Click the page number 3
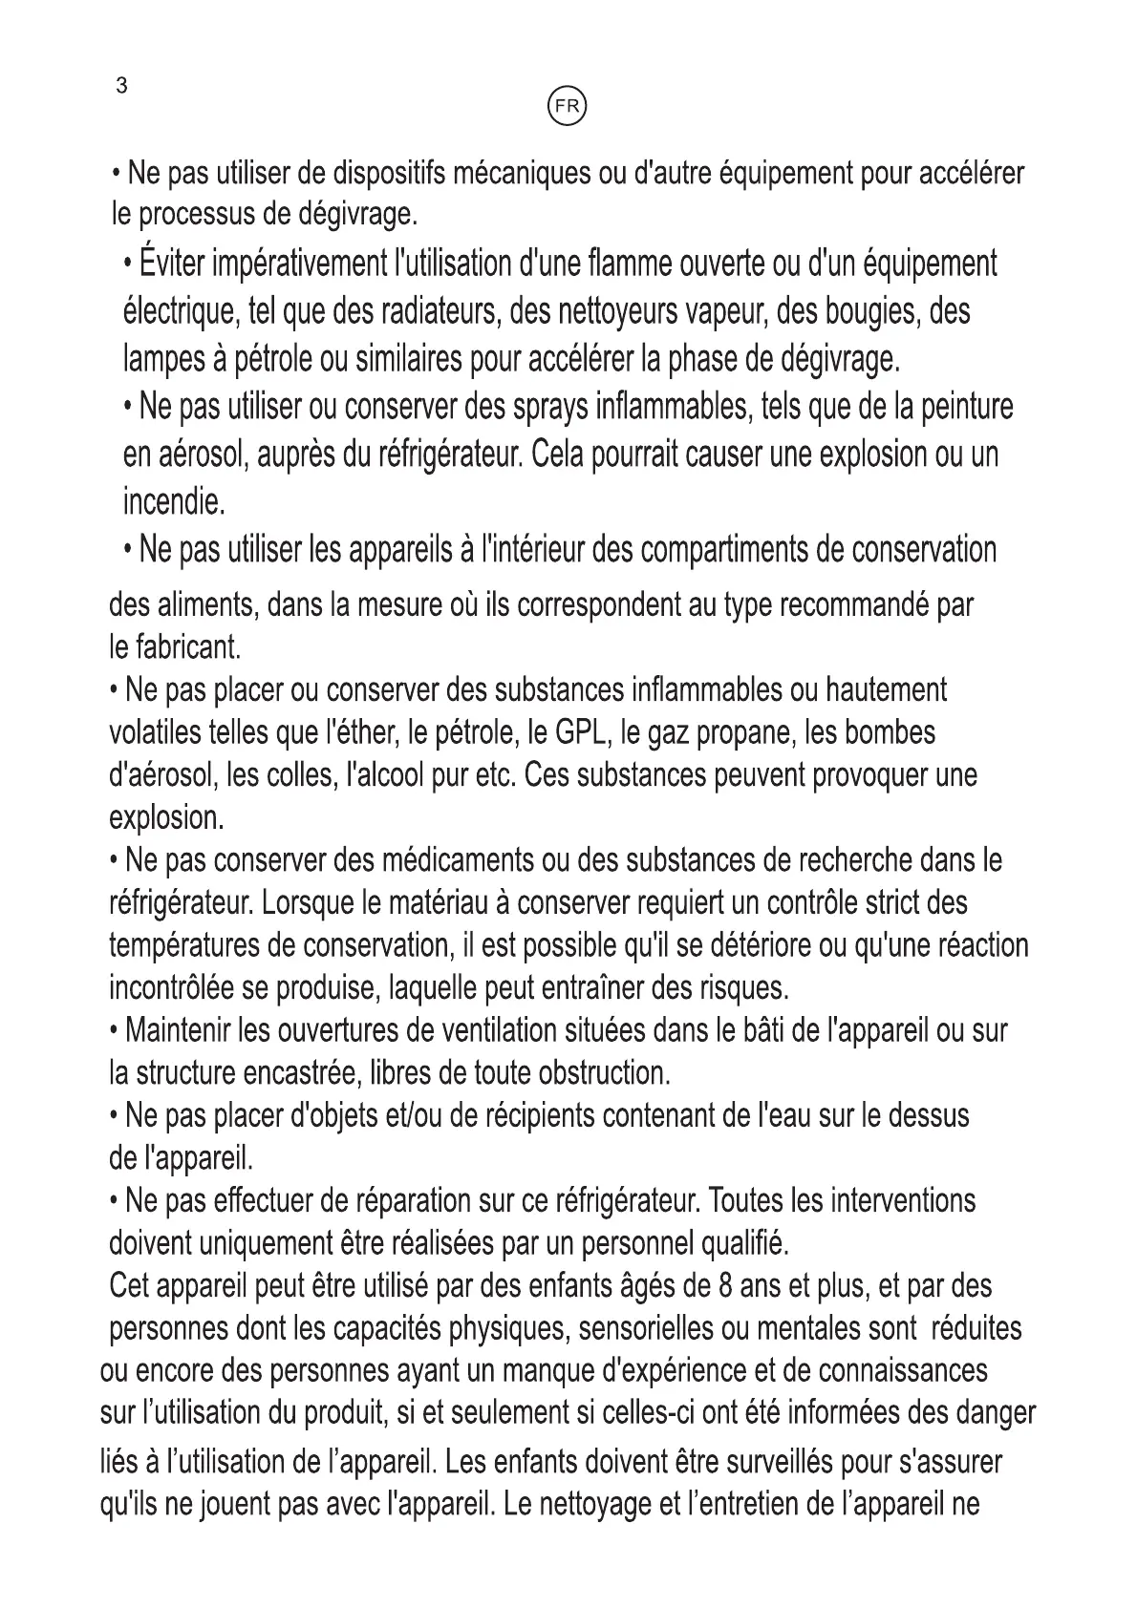[121, 86]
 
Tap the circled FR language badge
[567, 107]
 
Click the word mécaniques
[518, 174]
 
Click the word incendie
[173, 500]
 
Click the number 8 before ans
[725, 1286]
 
